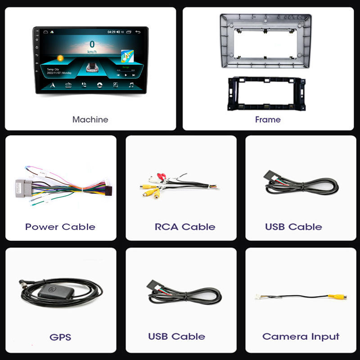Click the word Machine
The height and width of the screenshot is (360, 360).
tap(90, 120)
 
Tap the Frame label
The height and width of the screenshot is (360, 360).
tap(268, 120)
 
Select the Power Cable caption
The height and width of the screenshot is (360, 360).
tap(60, 227)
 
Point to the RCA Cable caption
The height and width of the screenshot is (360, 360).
tap(185, 227)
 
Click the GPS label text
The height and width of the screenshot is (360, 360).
tap(60, 337)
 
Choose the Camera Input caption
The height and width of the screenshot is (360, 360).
tap(301, 337)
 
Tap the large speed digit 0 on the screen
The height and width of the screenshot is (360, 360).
tap(92, 45)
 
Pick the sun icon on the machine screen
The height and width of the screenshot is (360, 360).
tap(60, 58)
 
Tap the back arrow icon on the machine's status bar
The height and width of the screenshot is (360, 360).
tap(138, 32)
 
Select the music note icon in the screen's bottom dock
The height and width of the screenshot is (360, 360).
tap(131, 85)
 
